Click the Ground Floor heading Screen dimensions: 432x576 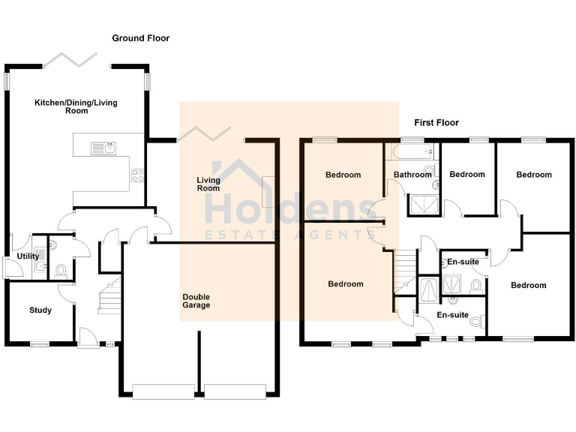(141, 38)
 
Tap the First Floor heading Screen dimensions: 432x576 (436, 122)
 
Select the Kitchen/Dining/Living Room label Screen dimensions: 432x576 (76, 106)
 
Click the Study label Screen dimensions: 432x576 (40, 310)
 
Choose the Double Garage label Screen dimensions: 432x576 (196, 301)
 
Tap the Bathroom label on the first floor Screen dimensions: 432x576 (413, 175)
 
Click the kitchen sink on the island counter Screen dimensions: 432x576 (103, 148)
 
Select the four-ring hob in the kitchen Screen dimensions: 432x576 (138, 176)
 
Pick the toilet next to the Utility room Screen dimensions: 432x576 (61, 270)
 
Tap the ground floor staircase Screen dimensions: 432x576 (109, 294)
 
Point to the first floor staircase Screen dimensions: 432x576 (405, 270)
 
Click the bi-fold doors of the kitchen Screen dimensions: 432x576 (71, 60)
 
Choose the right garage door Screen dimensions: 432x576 (235, 389)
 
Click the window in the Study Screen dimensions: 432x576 (40, 344)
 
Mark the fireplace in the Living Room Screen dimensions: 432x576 (268, 193)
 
